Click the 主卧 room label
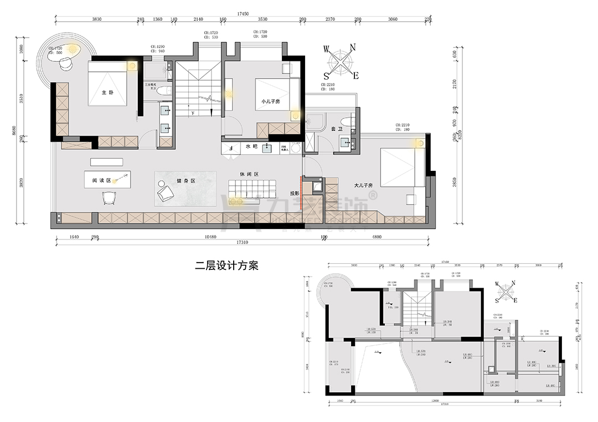tap(107, 93)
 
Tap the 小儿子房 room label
tap(271, 101)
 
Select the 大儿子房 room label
tap(363, 185)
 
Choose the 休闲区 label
tap(250, 174)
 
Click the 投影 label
tap(295, 194)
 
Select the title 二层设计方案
tap(228, 265)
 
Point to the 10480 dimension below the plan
tap(210, 237)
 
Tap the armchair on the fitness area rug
tap(166, 191)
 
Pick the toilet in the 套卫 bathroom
tap(346, 123)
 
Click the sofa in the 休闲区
tap(252, 189)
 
